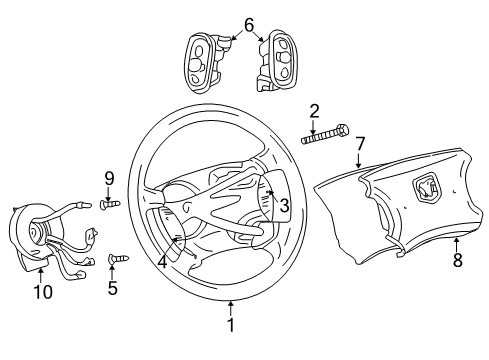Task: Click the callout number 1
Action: point(230,324)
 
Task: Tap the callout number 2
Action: point(314,110)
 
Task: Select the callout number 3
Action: point(283,206)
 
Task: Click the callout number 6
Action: point(248,23)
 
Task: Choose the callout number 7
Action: point(359,144)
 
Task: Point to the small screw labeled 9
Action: point(110,205)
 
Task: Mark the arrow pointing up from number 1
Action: point(230,305)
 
